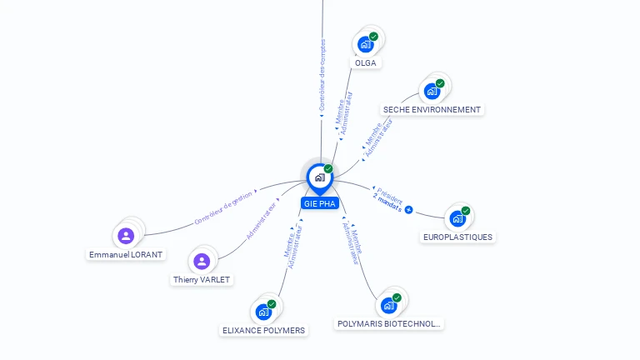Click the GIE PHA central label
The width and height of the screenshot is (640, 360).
pos(319,203)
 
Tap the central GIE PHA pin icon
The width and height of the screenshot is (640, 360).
pos(319,177)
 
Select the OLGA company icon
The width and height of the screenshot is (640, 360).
pos(365,44)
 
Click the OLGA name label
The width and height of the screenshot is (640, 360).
pos(365,62)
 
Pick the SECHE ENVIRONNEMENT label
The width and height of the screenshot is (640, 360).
pos(432,109)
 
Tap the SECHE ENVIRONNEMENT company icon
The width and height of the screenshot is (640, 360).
pos(432,91)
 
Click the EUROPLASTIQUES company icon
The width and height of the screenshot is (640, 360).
pos(457,218)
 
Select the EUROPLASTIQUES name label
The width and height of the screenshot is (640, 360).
pos(457,237)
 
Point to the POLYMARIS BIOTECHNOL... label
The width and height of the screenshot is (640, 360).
pos(388,323)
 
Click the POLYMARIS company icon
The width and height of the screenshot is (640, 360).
pos(388,305)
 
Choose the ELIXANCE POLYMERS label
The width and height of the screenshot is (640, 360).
pos(263,330)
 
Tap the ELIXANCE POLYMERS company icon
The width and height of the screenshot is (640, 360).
pos(263,312)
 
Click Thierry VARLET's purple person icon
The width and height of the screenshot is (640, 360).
pos(201,262)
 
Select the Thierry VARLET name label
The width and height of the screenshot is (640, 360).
pos(201,280)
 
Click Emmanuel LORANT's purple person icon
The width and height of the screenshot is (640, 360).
pos(126,236)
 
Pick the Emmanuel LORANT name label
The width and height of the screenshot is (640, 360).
pos(127,254)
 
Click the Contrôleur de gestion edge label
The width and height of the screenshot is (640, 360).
pos(222,208)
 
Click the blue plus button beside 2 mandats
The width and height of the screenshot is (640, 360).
pos(408,209)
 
